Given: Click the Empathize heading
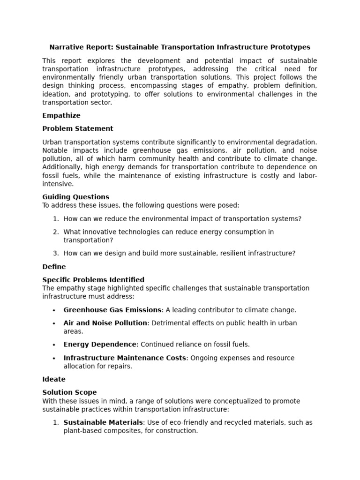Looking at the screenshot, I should tap(61, 116).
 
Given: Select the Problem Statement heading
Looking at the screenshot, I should tap(78, 129).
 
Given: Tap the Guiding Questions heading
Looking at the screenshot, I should tap(76, 197).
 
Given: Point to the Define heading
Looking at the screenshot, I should tap(54, 267).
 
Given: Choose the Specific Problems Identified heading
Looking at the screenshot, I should tap(93, 280).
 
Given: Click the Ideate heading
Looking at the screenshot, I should tap(54, 379).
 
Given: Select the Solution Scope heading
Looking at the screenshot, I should tap(69, 392).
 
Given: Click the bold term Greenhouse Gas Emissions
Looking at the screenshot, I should tap(112, 310).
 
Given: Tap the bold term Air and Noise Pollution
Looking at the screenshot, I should tap(105, 323).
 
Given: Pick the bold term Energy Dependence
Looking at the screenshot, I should tap(100, 345).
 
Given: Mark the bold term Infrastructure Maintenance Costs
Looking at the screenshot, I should tap(125, 358).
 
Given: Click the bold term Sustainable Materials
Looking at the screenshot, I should tap(103, 422).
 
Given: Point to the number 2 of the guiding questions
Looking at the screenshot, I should tap(55, 232).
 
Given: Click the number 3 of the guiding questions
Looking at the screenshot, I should tap(55, 254).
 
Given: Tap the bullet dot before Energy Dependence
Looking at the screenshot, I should tap(54, 345).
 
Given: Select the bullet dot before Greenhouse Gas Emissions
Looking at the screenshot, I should tap(54, 310).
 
